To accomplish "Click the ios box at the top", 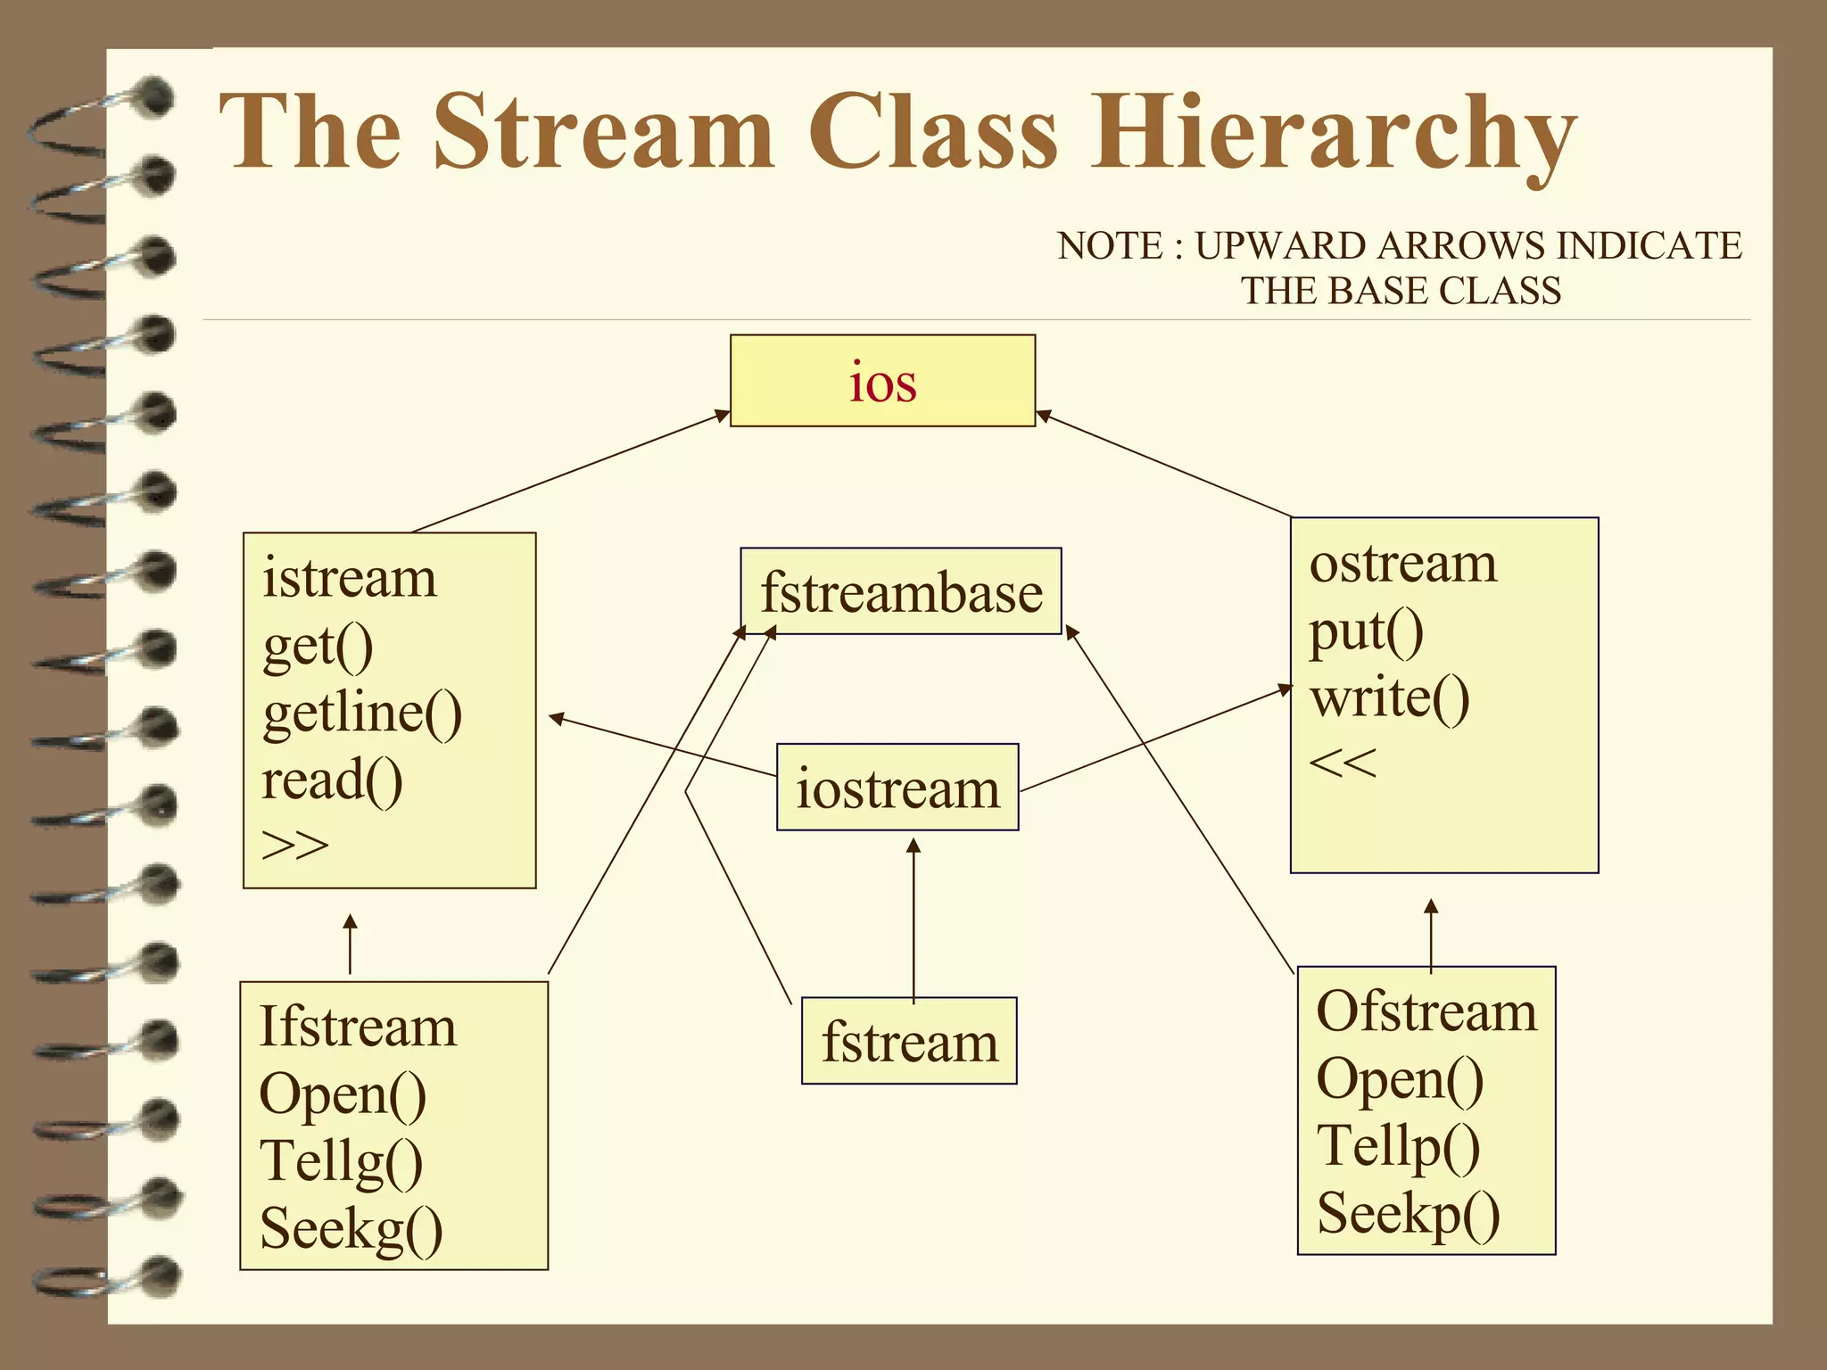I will coord(882,381).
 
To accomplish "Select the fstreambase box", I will coord(901,592).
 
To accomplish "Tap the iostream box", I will coord(897,788).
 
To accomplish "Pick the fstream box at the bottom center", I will coord(909,1041).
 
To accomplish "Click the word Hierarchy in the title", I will coord(1334,134).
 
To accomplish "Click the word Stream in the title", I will coord(604,132).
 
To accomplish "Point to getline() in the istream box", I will coord(362,714).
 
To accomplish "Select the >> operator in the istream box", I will coord(295,844).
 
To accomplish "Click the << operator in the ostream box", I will coord(1343,763).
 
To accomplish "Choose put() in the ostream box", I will coord(1366,631).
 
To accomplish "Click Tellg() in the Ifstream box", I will coord(341,1161).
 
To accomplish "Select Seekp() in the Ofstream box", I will coord(1408,1213).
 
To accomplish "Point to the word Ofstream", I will coord(1426,1011).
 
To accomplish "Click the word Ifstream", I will coord(357,1027).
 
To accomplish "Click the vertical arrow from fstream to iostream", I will coord(913,919).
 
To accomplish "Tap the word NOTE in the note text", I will coord(1110,246).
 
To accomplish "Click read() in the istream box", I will coord(332,780).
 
